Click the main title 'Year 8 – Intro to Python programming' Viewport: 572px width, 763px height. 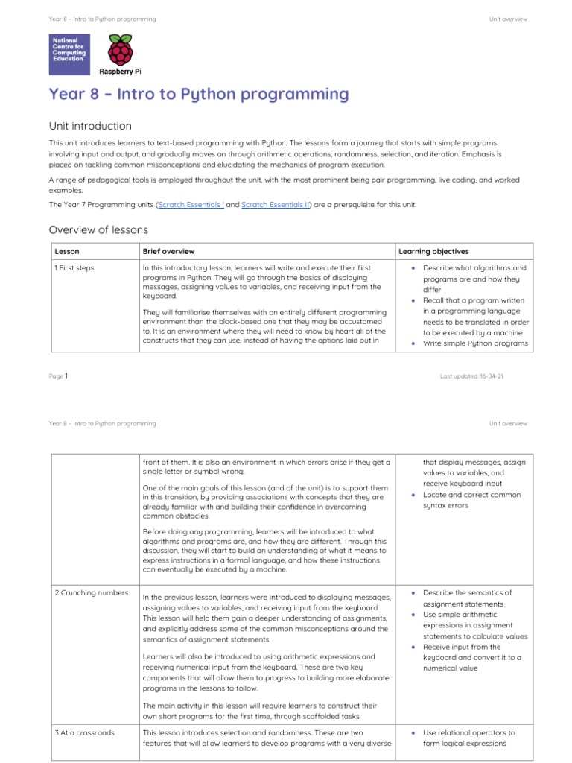pyautogui.click(x=199, y=94)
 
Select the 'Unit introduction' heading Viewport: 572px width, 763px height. pyautogui.click(x=90, y=126)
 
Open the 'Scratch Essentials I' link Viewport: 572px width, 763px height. pyautogui.click(x=191, y=204)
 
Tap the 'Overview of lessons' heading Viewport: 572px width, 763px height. pyautogui.click(x=98, y=229)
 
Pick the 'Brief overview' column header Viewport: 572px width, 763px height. pyautogui.click(x=168, y=252)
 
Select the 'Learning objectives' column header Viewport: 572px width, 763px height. pyautogui.click(x=433, y=252)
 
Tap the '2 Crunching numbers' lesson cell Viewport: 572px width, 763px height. pyautogui.click(x=91, y=593)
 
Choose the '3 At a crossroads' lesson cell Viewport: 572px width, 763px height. pyautogui.click(x=85, y=732)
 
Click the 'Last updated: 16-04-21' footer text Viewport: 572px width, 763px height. pyautogui.click(x=471, y=376)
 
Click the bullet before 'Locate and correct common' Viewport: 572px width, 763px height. pyautogui.click(x=413, y=495)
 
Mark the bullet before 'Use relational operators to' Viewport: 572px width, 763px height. pyautogui.click(x=413, y=732)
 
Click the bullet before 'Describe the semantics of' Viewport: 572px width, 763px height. pyautogui.click(x=413, y=592)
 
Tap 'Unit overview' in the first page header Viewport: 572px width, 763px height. pyautogui.click(x=508, y=19)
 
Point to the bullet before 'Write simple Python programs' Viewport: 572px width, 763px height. pyautogui.click(x=413, y=343)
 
